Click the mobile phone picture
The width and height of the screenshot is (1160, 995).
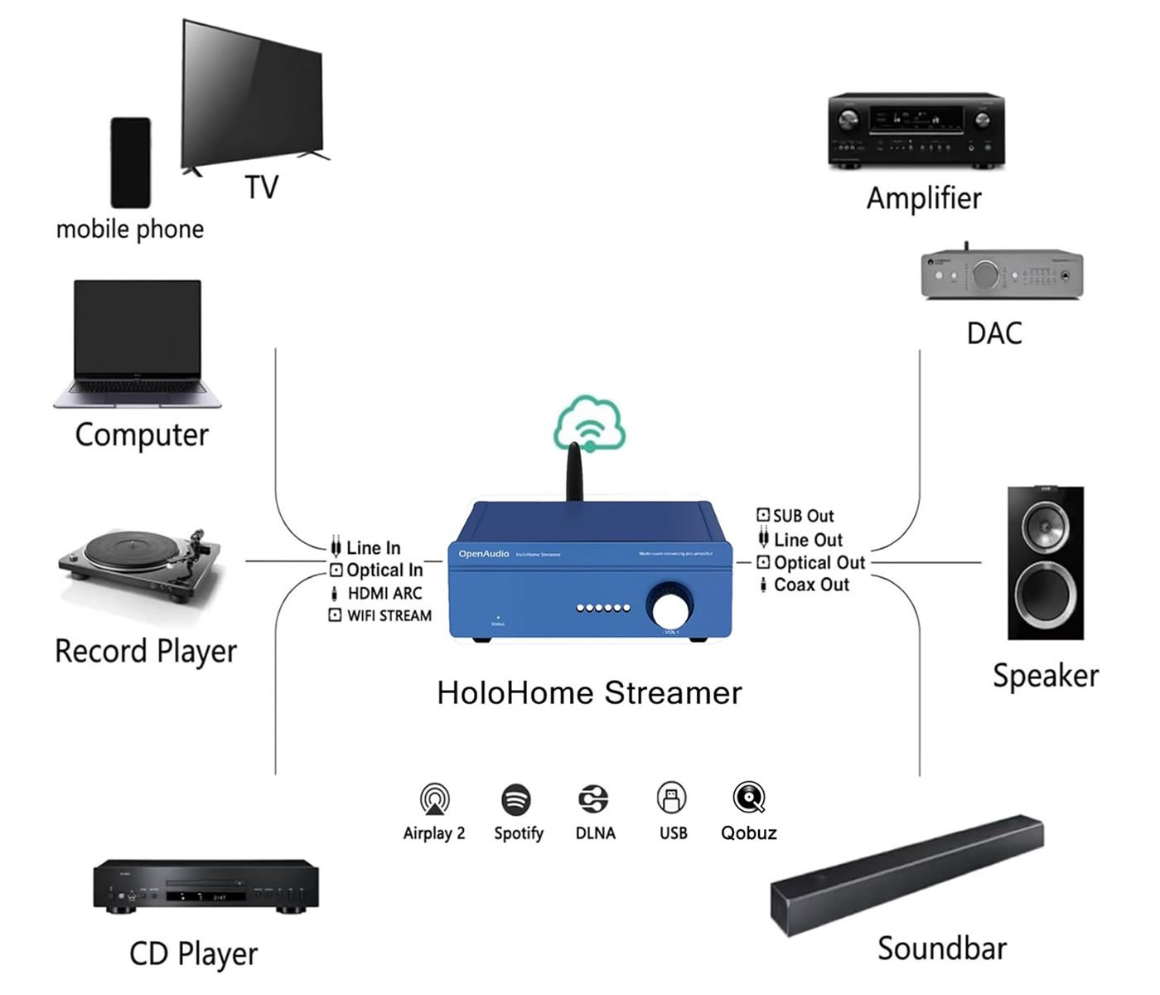(x=131, y=163)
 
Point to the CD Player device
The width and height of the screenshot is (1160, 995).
(x=205, y=886)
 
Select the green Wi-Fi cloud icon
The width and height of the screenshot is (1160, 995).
(x=590, y=423)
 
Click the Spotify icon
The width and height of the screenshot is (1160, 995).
(x=516, y=799)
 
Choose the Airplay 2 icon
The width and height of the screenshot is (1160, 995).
(x=434, y=799)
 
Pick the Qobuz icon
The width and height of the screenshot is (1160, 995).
(x=748, y=798)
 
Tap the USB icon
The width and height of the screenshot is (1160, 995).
(x=672, y=798)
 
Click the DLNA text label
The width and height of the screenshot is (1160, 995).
(x=595, y=833)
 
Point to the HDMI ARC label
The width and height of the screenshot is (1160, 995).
(x=384, y=593)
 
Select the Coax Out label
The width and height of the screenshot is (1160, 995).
(x=811, y=585)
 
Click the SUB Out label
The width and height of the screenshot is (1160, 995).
(x=803, y=516)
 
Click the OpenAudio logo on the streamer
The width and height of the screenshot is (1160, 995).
(x=484, y=554)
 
